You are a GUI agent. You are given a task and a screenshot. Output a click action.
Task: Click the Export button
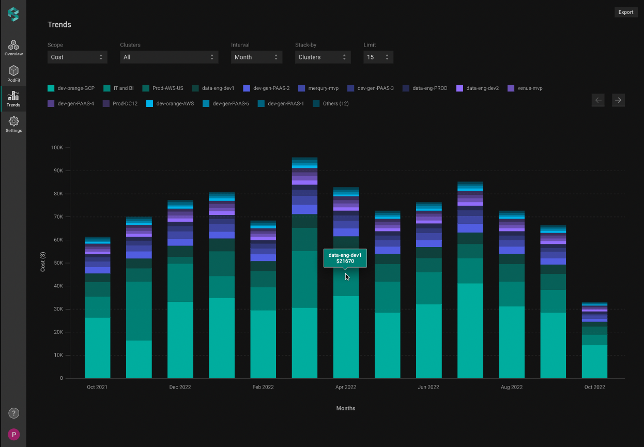coord(626,12)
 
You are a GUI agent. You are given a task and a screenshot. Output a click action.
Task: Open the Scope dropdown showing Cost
coord(78,57)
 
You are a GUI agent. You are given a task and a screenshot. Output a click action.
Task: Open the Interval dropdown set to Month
coord(256,57)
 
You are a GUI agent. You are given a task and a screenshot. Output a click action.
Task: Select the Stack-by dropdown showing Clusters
coord(323,57)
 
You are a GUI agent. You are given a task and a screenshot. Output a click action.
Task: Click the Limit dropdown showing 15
coord(378,57)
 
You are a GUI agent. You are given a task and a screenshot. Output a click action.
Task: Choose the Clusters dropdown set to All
coord(169,57)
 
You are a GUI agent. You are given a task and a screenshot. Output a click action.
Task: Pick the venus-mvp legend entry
coord(526,88)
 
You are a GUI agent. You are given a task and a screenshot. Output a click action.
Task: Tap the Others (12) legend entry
coord(331,104)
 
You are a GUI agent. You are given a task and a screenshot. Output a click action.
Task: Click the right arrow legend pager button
coord(618,100)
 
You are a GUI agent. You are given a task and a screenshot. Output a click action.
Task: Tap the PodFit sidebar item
coord(13,74)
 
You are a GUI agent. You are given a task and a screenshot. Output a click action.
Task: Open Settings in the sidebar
coord(13,125)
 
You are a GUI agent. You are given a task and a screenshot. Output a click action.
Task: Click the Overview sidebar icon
coord(13,48)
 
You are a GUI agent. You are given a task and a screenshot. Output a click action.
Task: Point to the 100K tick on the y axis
coord(56,148)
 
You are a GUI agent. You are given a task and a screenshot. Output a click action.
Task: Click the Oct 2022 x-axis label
coord(594,387)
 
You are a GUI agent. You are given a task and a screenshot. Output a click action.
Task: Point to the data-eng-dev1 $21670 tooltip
coord(345,258)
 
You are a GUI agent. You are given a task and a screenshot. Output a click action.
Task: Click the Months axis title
coord(346,408)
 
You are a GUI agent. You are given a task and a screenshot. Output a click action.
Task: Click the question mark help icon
coord(14,413)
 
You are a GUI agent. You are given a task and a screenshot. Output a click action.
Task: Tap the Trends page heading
coord(59,25)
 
